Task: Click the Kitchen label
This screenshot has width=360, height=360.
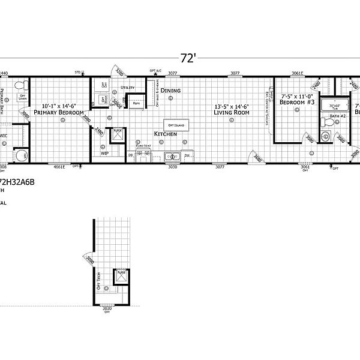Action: (165, 133)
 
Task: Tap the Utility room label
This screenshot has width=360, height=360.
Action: (127, 88)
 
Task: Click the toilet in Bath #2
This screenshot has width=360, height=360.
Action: (328, 122)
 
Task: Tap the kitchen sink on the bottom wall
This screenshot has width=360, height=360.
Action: (173, 157)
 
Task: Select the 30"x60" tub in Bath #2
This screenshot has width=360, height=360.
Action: (331, 106)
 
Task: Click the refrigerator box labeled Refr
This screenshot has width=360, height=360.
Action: (137, 103)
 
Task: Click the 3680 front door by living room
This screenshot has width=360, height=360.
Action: (257, 158)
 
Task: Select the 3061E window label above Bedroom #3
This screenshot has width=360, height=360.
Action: (298, 73)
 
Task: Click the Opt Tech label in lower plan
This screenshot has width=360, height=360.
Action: (100, 280)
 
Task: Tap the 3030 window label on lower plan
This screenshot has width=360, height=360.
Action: (108, 308)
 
